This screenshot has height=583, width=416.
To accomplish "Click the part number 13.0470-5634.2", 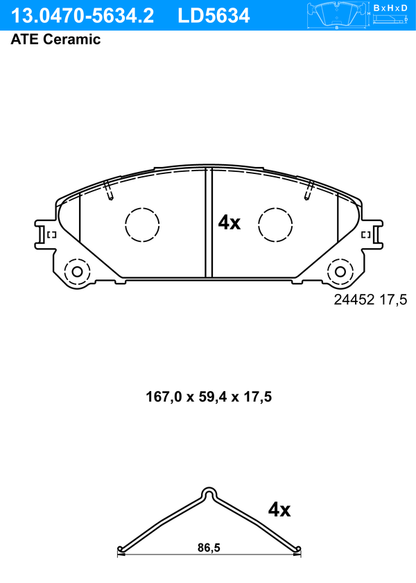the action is click(83, 16).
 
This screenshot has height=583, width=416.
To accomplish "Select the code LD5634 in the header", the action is click(214, 16).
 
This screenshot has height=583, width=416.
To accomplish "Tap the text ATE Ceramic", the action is click(55, 39).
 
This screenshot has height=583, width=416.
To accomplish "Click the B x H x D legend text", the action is click(390, 8).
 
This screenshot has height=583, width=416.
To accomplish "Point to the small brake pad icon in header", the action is click(336, 15).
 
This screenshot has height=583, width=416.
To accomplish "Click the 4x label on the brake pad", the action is click(229, 223).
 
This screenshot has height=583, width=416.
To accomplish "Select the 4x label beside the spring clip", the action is click(279, 510).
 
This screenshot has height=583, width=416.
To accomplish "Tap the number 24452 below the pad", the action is click(354, 299).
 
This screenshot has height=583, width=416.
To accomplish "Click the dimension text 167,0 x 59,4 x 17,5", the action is click(209, 397).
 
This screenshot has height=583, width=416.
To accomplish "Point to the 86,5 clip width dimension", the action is click(209, 548).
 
